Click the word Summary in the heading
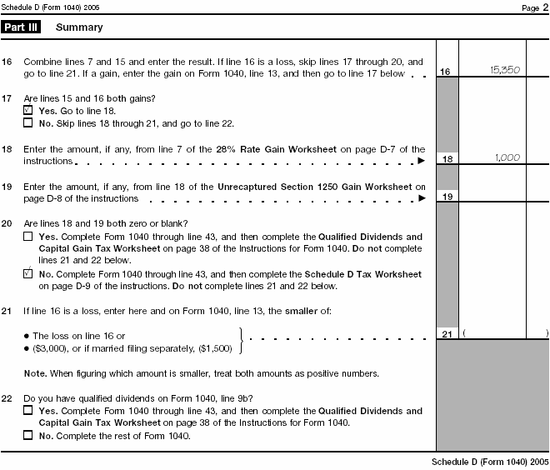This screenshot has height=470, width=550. coord(79,27)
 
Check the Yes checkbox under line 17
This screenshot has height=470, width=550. coord(28,110)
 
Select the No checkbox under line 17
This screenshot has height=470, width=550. coord(28,122)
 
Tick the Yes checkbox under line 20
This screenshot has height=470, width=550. coord(28,237)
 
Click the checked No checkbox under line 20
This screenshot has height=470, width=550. coord(28,273)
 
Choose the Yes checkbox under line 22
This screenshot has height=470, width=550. coord(28,411)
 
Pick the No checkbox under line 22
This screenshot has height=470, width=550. coord(28,435)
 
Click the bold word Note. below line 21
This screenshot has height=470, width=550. coord(35,372)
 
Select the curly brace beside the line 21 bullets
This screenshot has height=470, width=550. coord(242,340)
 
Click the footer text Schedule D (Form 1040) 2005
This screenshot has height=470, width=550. coord(490,462)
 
